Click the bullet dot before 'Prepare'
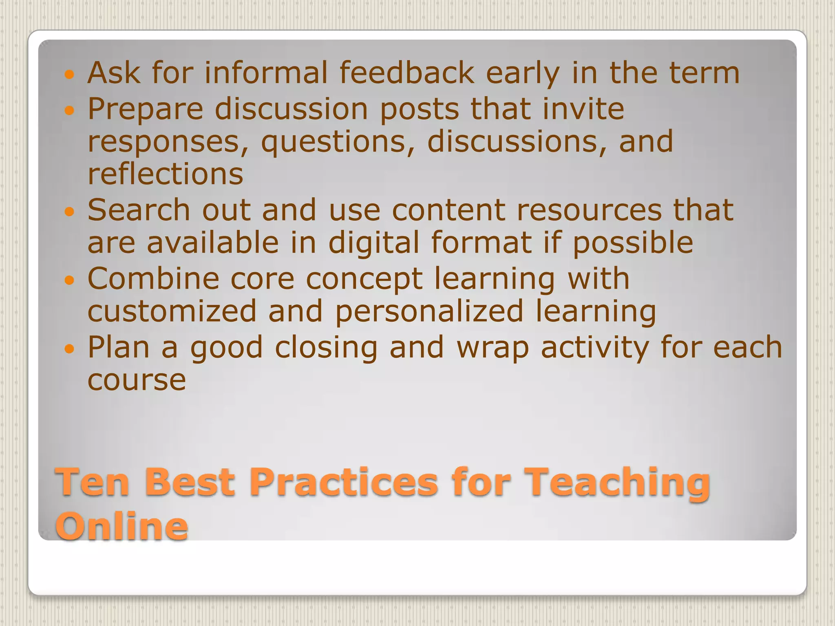coord(70,110)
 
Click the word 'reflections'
coord(166,174)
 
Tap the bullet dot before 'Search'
coord(70,211)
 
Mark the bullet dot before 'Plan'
coord(70,348)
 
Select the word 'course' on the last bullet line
coord(137,380)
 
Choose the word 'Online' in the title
coord(121,526)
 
